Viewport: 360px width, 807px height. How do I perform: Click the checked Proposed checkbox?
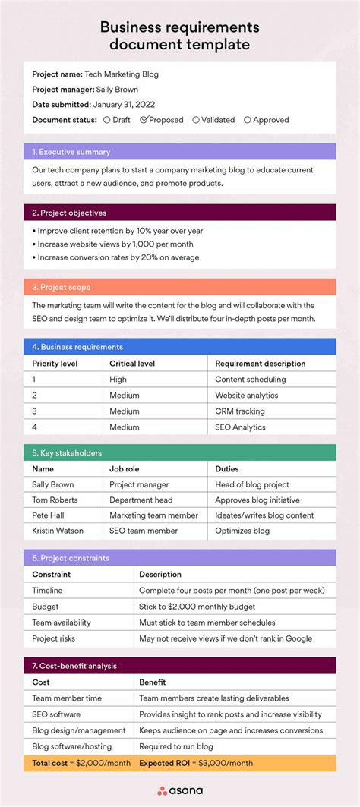point(144,119)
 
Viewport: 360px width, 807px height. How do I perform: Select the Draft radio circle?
point(106,119)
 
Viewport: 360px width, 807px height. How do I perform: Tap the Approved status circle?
point(247,119)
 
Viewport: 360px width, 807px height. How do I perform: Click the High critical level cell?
point(118,379)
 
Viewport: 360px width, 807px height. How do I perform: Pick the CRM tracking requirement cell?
point(240,411)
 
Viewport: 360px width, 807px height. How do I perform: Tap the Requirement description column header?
point(260,363)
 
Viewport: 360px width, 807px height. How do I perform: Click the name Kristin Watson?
point(58,531)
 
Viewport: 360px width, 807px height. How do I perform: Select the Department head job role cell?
point(141,500)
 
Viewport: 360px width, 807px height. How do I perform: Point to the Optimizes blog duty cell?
point(242,531)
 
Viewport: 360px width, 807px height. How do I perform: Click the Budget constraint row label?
point(45,607)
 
